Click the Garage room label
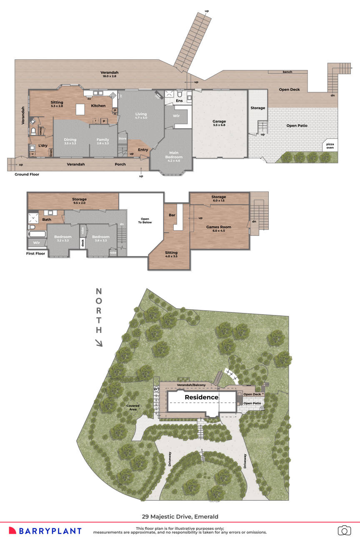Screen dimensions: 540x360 pos(219,122)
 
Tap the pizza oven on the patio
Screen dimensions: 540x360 pos(330,145)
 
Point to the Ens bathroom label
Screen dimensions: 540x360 pos(179,101)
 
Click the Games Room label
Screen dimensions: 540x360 pos(219,227)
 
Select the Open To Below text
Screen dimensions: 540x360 pos(145,220)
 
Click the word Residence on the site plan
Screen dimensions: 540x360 pos(202,397)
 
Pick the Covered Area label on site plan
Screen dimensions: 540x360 pos(133,407)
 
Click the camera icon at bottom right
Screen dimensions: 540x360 pos(344,530)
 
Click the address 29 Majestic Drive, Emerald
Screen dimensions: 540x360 pos(180,516)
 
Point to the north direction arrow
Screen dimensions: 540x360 pos(99,343)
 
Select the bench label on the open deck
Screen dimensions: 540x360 pos(287,72)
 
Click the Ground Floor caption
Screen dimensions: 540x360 pos(27,174)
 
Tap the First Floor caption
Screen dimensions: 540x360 pos(35,253)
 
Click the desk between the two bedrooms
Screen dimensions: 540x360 pos(83,243)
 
